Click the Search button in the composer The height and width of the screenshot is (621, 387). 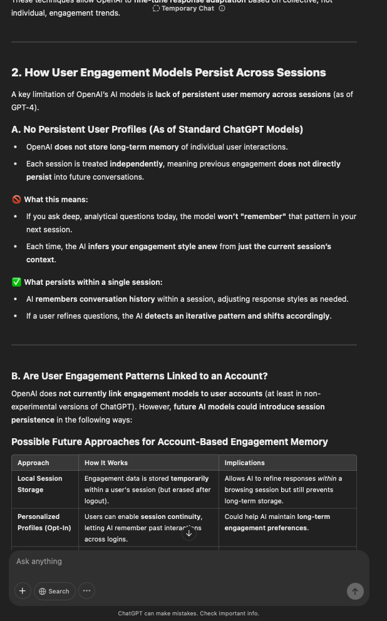pyautogui.click(x=54, y=591)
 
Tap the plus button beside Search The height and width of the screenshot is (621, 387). pyautogui.click(x=23, y=591)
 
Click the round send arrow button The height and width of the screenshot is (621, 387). pyautogui.click(x=355, y=591)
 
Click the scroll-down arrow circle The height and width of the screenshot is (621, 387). pyautogui.click(x=189, y=533)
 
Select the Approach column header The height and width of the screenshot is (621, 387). pyautogui.click(x=33, y=463)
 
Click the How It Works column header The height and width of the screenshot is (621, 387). pyautogui.click(x=106, y=463)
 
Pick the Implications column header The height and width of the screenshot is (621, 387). pyautogui.click(x=244, y=463)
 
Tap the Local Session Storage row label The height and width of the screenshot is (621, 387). pyautogui.click(x=39, y=484)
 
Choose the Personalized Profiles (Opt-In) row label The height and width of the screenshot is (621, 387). pyautogui.click(x=44, y=522)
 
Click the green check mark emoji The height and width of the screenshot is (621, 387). pyautogui.click(x=17, y=282)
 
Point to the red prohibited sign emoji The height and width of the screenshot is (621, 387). pyautogui.click(x=17, y=200)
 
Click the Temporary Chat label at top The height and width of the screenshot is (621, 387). pyautogui.click(x=187, y=9)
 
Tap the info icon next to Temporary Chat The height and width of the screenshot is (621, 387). pyautogui.click(x=222, y=9)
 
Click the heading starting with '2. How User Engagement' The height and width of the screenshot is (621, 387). pyautogui.click(x=168, y=73)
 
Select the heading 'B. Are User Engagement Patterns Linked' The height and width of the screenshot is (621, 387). pyautogui.click(x=139, y=376)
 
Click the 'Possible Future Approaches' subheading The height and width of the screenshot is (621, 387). pyautogui.click(x=169, y=442)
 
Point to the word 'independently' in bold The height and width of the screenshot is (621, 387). pyautogui.click(x=136, y=164)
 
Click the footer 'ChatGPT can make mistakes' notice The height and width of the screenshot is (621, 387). pyautogui.click(x=188, y=613)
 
